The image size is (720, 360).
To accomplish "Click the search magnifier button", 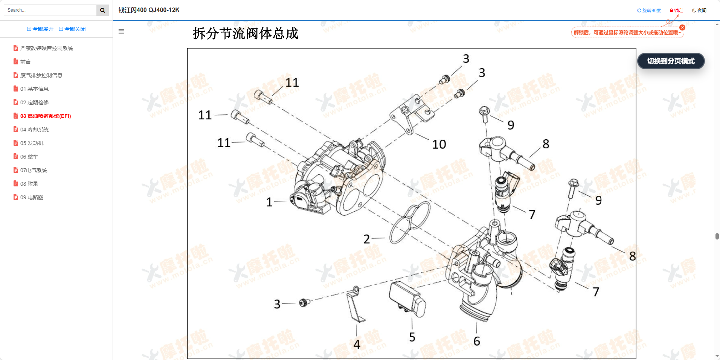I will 102,10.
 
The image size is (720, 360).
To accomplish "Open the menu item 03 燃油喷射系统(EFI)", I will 45,116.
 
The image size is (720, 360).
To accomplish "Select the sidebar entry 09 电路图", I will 32,197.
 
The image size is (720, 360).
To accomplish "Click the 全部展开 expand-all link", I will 40,29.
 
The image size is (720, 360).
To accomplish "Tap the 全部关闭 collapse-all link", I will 72,29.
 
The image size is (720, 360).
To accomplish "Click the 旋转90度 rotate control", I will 649,11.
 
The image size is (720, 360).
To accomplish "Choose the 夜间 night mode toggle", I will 699,11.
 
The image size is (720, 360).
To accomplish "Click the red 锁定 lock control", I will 676,11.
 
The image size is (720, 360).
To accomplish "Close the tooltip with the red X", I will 682,27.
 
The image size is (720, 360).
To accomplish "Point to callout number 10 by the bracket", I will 439,144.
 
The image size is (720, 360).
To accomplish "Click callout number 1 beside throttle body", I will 269,202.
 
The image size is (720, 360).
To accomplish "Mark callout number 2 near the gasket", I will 366,239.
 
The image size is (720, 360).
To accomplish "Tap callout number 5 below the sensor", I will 412,337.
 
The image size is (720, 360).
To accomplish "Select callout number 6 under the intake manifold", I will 477,341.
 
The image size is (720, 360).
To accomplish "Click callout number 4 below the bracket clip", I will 357,344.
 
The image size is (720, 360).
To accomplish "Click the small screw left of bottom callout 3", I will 304,302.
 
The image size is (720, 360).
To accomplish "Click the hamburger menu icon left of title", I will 121,32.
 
